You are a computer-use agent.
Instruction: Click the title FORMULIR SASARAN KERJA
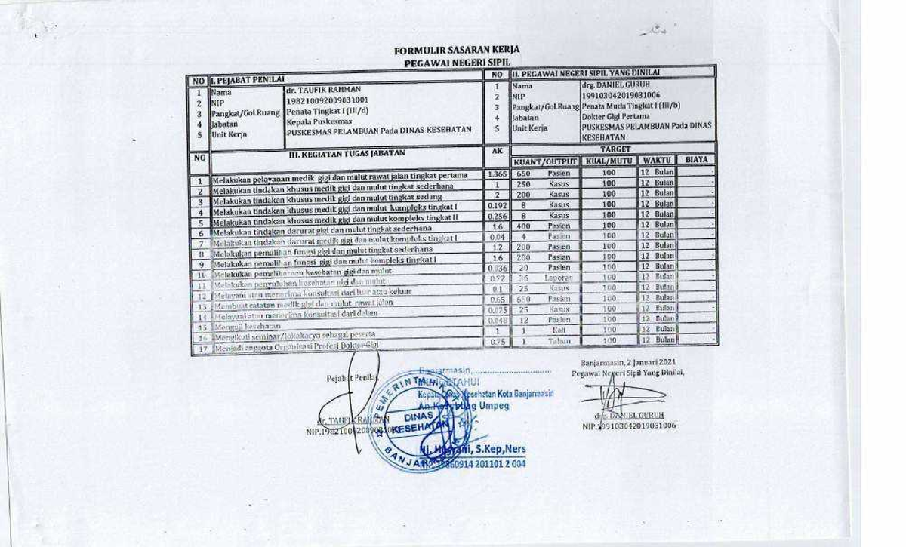tap(456, 51)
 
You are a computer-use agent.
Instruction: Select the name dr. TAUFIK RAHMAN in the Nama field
tap(319, 89)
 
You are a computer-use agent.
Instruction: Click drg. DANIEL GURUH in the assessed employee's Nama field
tap(616, 85)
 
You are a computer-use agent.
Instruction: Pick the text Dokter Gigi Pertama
tap(619, 117)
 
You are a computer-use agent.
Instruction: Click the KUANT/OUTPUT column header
tap(545, 161)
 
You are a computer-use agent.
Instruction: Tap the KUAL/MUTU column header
tap(609, 161)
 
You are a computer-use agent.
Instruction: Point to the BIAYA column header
tap(695, 161)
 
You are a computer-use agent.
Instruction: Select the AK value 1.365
tap(496, 174)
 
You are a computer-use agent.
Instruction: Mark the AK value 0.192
tap(497, 205)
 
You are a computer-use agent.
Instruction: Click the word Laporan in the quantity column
tap(559, 278)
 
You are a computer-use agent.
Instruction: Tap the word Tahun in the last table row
tap(559, 340)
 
